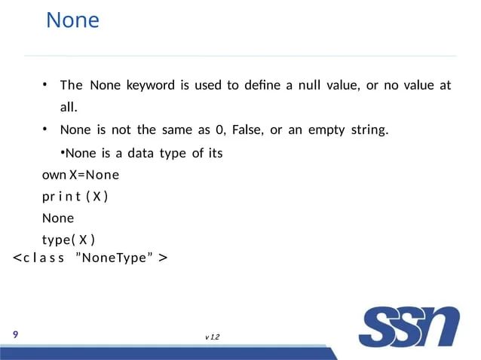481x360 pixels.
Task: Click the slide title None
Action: coord(72,20)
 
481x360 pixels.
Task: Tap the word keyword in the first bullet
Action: coord(150,84)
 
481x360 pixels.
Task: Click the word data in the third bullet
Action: coord(140,154)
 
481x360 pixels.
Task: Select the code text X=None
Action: coord(93,176)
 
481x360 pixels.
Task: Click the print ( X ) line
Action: coord(75,197)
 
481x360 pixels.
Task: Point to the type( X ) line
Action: coord(68,240)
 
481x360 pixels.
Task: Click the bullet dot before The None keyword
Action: coord(45,84)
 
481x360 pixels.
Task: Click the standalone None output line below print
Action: coord(57,219)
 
